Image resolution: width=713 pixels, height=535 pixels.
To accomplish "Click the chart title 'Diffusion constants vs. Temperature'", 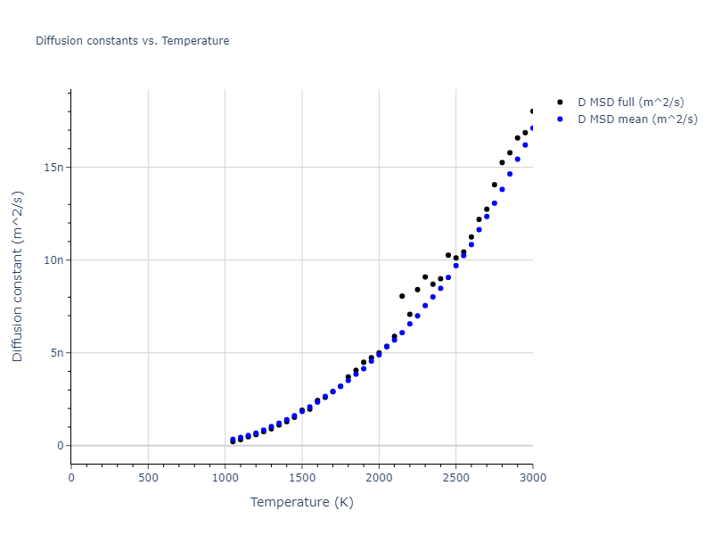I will (132, 41).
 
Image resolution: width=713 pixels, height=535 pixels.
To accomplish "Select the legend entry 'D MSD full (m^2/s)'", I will (637, 103).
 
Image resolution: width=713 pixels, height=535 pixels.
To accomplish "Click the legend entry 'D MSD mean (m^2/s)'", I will (638, 119).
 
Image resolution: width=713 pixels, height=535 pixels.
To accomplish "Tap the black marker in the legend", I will (560, 103).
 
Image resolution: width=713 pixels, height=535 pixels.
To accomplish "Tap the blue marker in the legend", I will (560, 119).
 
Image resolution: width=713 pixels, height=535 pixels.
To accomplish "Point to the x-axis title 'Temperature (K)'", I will (301, 502).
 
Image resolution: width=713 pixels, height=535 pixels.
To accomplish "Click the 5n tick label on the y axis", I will (56, 353).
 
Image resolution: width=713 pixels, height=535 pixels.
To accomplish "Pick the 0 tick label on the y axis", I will (60, 446).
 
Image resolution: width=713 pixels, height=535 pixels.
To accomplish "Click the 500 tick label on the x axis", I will (148, 477).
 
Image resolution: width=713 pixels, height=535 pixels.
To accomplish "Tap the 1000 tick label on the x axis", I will (225, 477).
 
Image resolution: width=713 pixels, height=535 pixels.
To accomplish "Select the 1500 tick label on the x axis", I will (302, 477).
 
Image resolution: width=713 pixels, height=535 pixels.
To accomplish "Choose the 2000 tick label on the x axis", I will (379, 477).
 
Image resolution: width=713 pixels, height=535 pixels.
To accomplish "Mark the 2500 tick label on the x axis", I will (455, 477).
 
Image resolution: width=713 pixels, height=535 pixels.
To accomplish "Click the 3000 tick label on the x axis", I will (532, 477).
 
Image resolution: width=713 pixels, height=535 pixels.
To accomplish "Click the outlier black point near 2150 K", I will (402, 296).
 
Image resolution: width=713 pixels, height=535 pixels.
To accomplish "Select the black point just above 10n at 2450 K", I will (448, 255).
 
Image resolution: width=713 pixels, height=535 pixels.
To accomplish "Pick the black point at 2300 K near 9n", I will (425, 277).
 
